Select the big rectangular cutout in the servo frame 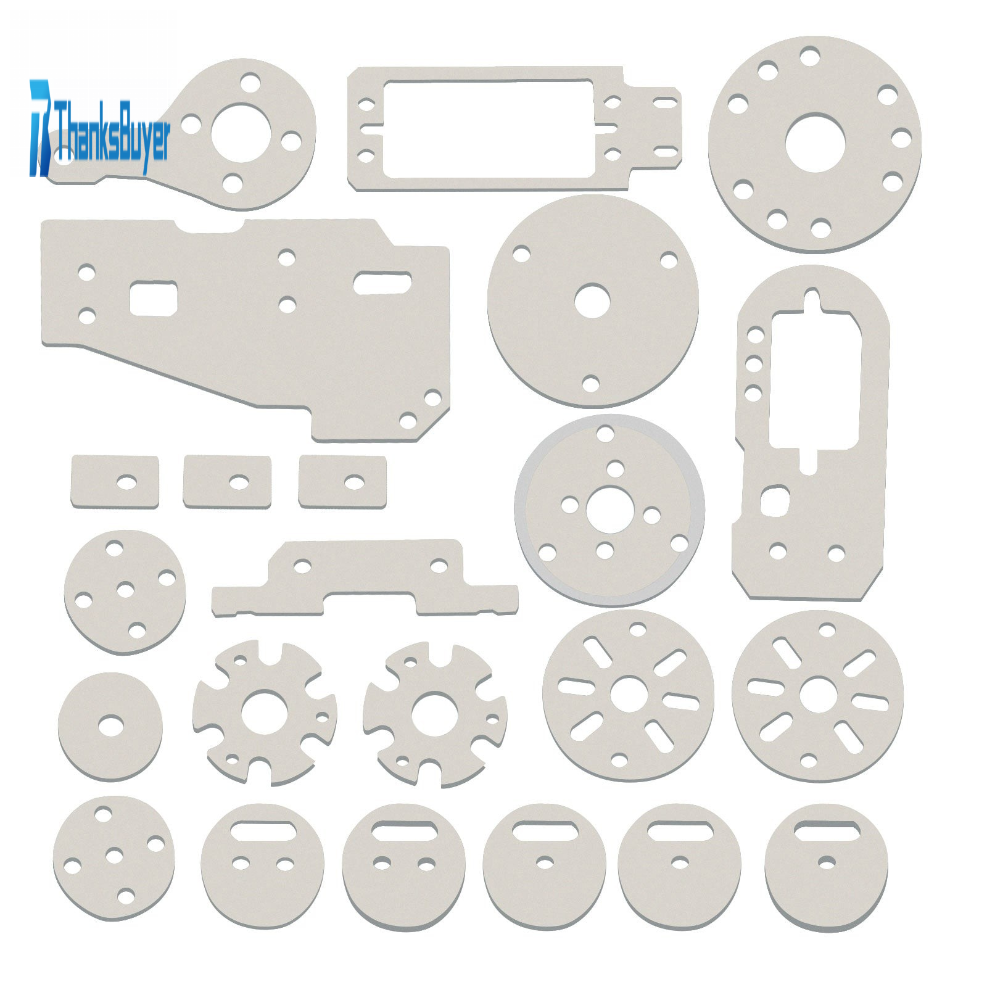[x=489, y=128]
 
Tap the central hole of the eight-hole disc [x=815, y=142]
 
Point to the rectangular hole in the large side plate [x=154, y=298]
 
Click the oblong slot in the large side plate [x=382, y=282]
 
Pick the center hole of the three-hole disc [x=592, y=301]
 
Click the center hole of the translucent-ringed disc [x=609, y=510]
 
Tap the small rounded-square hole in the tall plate [x=775, y=501]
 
